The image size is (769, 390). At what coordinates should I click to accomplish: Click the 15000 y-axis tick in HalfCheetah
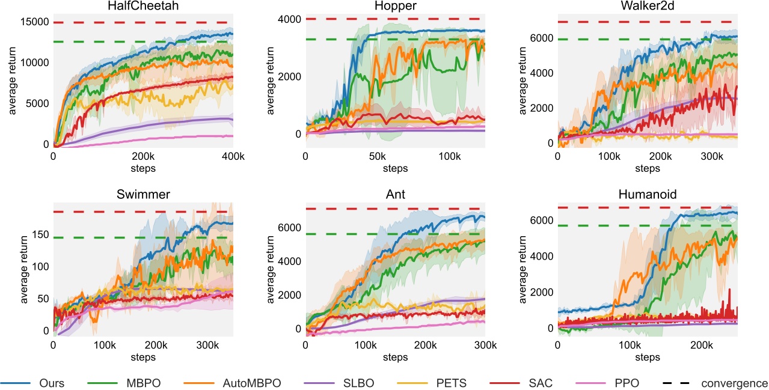click(35, 22)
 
